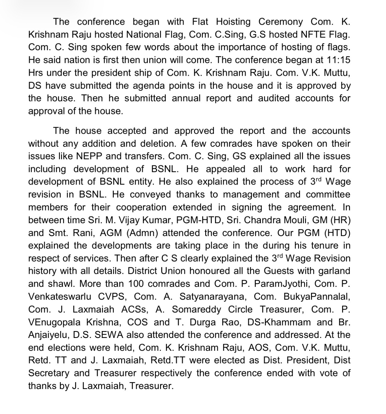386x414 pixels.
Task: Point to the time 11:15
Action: click(x=338, y=60)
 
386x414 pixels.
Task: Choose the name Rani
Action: click(x=83, y=233)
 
